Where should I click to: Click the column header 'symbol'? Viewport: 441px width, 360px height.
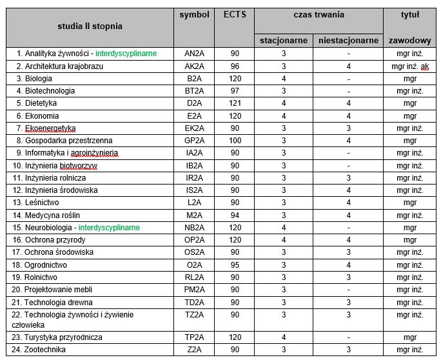tap(195, 15)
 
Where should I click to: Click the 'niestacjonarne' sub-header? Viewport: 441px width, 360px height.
tap(348, 40)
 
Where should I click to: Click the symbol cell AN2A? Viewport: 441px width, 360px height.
tap(195, 54)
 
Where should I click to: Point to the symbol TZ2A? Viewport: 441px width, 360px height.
tap(195, 315)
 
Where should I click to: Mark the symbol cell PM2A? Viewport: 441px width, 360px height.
tap(195, 290)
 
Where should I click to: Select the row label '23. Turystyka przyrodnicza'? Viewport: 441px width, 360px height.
tap(63, 337)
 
